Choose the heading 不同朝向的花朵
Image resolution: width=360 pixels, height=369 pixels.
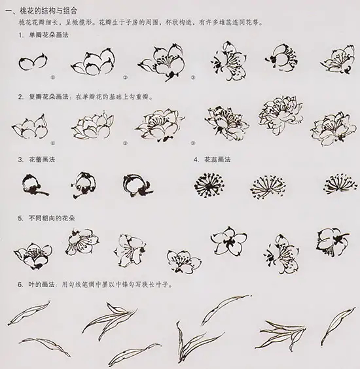click(52, 219)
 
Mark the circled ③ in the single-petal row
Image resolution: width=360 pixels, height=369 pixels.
click(192, 77)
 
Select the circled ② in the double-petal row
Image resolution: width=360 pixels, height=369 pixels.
click(124, 141)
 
